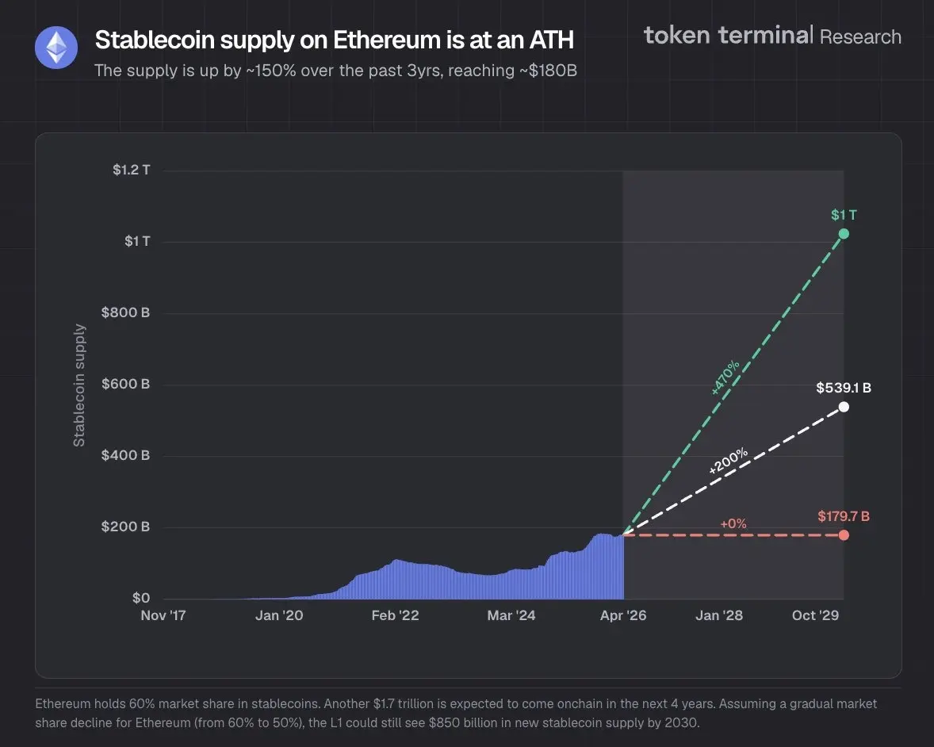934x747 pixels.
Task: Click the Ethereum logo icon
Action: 56,48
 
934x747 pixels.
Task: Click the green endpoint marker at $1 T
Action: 844,233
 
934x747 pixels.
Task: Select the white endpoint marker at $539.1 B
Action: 844,407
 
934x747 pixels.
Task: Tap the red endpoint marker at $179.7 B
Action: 844,534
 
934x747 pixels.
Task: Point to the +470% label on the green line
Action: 725,377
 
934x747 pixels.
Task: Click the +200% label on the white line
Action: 728,462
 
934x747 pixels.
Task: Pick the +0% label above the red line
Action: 733,523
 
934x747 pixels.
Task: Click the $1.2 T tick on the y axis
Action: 131,170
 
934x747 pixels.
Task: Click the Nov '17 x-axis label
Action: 163,615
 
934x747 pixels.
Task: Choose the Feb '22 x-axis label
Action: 395,615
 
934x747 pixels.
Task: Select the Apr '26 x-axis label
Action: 623,615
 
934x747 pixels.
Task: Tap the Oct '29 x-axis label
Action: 815,615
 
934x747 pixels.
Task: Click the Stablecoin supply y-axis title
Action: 79,385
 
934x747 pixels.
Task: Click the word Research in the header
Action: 860,36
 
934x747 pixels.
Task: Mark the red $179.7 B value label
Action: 844,516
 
